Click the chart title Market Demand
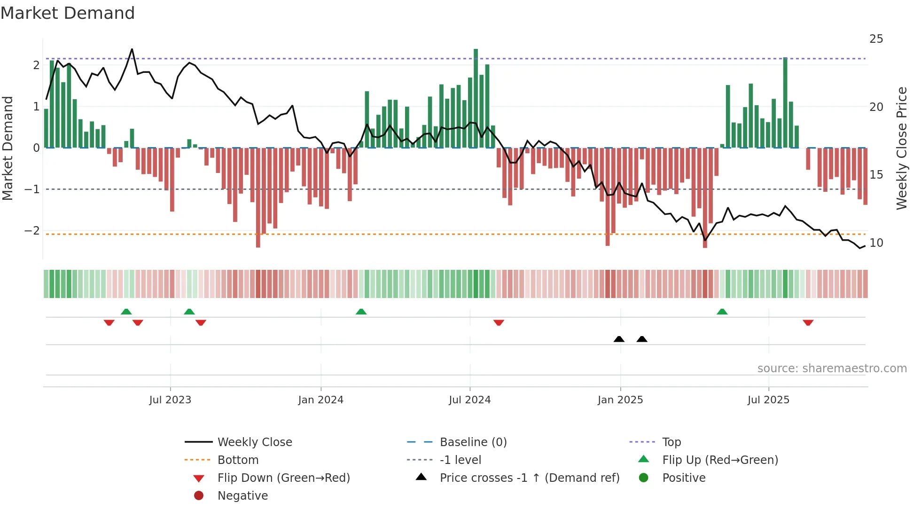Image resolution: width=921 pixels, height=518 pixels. tap(68, 13)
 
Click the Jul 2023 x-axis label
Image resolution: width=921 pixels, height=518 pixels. tap(170, 400)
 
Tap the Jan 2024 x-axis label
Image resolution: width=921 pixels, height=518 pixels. tap(320, 400)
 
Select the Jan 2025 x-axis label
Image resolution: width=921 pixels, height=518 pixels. tap(620, 400)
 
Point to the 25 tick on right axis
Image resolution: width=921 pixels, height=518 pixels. tap(876, 39)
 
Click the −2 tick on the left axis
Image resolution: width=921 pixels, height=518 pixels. tap(32, 230)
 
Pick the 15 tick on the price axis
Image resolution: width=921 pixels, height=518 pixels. tap(876, 175)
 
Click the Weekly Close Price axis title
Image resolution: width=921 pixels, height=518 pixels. tap(901, 148)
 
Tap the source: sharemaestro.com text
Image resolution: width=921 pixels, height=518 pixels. tap(832, 368)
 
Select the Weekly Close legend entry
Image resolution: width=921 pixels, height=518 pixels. tap(254, 442)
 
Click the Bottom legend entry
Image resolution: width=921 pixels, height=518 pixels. tap(238, 460)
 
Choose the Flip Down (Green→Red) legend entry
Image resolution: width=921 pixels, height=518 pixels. tap(283, 478)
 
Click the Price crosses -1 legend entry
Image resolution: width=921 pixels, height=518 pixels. tap(529, 478)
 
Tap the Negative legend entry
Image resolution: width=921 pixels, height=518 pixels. tap(242, 495)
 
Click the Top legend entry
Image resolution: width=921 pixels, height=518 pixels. tap(671, 442)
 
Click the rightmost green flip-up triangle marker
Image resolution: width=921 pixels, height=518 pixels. tap(722, 312)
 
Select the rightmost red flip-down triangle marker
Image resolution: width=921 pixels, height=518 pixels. tap(808, 322)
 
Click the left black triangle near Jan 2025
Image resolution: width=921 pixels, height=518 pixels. tap(619, 339)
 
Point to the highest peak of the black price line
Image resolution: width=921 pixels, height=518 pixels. tap(132, 49)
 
